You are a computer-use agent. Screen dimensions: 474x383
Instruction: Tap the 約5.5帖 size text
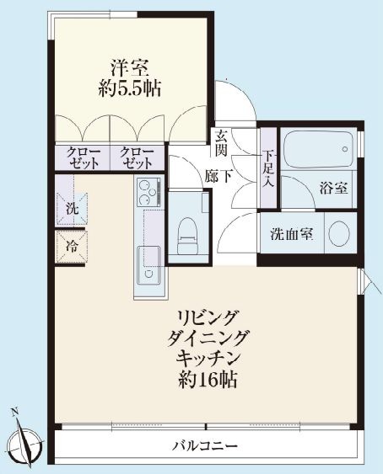coord(130,88)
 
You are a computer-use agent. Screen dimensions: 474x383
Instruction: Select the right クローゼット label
coord(137,157)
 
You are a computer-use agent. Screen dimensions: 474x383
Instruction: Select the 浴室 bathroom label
coord(334,187)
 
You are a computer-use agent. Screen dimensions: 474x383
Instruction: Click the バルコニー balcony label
coord(206,445)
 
